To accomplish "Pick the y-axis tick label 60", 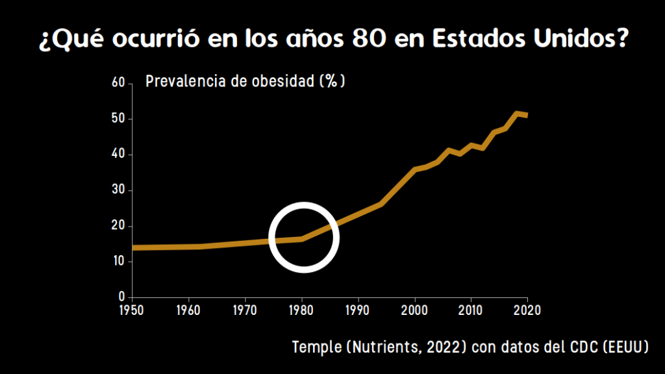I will pos(118,83).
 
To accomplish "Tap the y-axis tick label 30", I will pos(118,190).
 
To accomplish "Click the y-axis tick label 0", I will pos(121,297).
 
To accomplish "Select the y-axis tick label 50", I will pos(118,119).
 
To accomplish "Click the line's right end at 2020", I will pos(527,116).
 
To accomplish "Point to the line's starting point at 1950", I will pos(133,247).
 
